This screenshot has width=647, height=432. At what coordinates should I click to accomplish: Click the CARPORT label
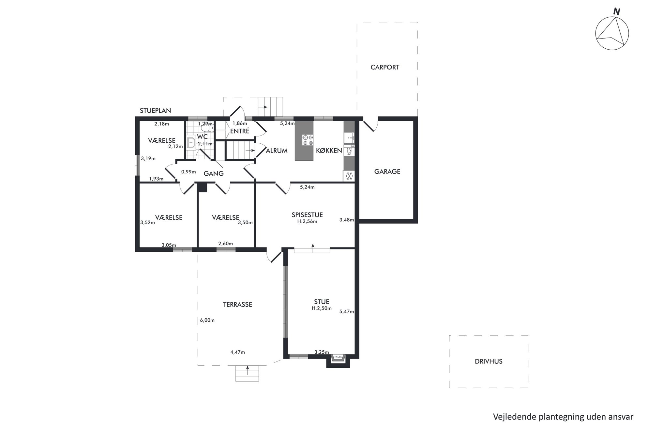(385, 67)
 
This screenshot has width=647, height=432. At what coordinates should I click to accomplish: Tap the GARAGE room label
(387, 171)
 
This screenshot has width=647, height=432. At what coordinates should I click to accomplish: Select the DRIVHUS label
(489, 361)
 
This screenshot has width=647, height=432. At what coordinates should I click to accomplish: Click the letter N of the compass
(616, 12)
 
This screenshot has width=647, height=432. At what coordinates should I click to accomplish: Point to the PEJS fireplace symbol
(338, 357)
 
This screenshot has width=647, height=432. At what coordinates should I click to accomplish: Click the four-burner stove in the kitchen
(308, 140)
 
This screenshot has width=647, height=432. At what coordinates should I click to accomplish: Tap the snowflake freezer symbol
(349, 176)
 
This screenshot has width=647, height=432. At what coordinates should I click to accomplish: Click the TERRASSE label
(237, 305)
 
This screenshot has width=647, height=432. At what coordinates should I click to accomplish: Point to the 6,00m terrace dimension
(207, 320)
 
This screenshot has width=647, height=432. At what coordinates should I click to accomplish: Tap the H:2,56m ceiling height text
(307, 221)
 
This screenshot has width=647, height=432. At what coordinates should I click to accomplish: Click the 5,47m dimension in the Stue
(347, 312)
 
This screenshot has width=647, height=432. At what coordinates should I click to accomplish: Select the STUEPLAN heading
(155, 111)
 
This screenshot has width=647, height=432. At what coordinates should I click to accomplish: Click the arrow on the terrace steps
(248, 370)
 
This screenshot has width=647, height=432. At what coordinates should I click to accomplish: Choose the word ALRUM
(277, 151)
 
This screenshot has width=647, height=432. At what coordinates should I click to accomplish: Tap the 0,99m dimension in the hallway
(188, 172)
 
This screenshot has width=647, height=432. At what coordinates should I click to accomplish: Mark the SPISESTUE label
(307, 215)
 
